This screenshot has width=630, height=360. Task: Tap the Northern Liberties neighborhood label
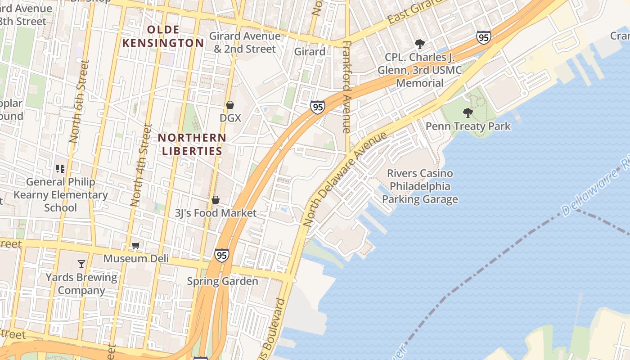click(192, 144)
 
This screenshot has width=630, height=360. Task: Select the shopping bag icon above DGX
click(230, 105)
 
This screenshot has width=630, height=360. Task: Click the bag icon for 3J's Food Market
click(216, 200)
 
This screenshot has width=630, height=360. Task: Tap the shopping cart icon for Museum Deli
click(135, 245)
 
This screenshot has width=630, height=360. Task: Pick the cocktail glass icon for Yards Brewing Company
click(81, 264)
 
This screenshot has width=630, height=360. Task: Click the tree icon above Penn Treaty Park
click(468, 112)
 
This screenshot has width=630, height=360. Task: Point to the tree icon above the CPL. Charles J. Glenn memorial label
click(420, 44)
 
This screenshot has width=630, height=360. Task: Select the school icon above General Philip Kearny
click(60, 169)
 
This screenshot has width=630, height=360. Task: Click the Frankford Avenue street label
click(346, 87)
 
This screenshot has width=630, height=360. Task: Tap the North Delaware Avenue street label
click(345, 179)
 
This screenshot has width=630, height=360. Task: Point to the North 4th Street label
click(141, 165)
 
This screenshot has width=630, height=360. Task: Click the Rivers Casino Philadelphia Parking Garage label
click(420, 186)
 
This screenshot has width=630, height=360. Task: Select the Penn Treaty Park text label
click(468, 126)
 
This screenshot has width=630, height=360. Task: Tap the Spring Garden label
click(222, 281)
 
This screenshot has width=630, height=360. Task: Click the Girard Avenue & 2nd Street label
click(245, 42)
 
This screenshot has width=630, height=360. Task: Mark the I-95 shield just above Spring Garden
click(221, 255)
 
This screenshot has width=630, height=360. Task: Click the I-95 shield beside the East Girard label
click(483, 37)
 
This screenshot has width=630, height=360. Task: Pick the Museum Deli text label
click(136, 258)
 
